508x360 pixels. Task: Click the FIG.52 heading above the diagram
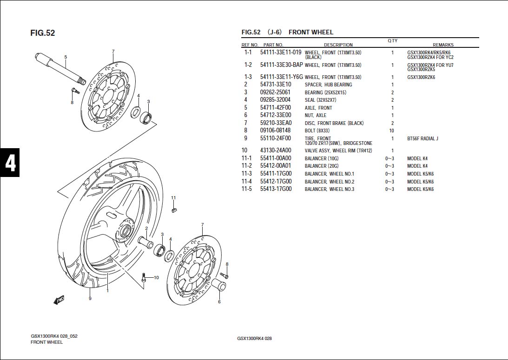pos(42,33)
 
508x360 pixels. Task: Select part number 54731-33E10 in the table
pos(276,85)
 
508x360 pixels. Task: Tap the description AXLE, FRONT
pos(318,108)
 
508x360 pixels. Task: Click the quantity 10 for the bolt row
pos(392,131)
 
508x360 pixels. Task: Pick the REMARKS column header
pos(442,45)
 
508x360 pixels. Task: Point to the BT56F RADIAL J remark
pos(422,138)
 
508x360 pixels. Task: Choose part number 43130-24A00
pos(276,151)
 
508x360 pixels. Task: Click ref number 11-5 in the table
pos(247,189)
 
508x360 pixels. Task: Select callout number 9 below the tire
pos(90,298)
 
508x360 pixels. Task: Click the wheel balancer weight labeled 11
pos(173,209)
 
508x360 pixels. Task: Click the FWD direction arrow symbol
pos(59,300)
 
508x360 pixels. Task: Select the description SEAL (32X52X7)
pos(320,100)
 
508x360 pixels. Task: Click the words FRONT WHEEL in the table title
pos(311,32)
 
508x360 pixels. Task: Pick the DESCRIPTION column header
pos(338,45)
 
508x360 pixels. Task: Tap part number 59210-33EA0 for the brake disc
pos(276,123)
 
